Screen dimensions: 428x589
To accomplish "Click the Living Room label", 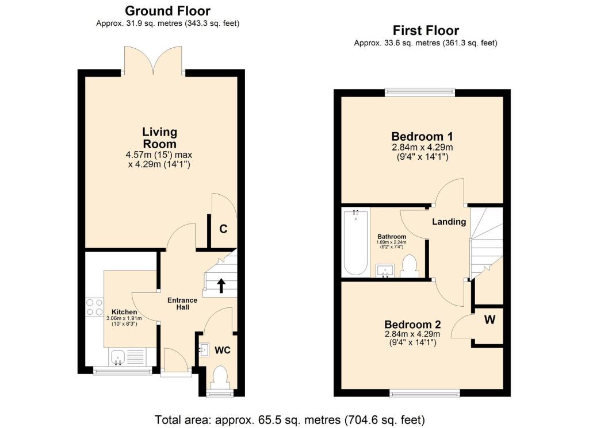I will tap(159, 138).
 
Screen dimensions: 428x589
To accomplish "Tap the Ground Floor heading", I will tap(167, 11).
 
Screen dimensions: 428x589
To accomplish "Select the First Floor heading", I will tap(426, 30).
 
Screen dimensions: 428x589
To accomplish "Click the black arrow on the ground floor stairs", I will tap(221, 284).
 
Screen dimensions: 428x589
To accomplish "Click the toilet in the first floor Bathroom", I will tap(410, 266).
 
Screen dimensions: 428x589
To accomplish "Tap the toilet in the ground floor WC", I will tap(220, 379).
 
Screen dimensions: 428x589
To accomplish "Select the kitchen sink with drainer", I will tap(125, 358).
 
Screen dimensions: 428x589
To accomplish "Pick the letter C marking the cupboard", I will tap(223, 229).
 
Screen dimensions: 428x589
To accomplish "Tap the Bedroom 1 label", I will tap(422, 137).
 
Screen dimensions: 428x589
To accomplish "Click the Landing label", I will tap(449, 222).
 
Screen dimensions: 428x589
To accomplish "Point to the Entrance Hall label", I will tap(182, 304).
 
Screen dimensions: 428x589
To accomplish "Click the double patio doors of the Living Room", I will tap(154, 61).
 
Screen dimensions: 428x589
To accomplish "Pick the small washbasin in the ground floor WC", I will tap(205, 348).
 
